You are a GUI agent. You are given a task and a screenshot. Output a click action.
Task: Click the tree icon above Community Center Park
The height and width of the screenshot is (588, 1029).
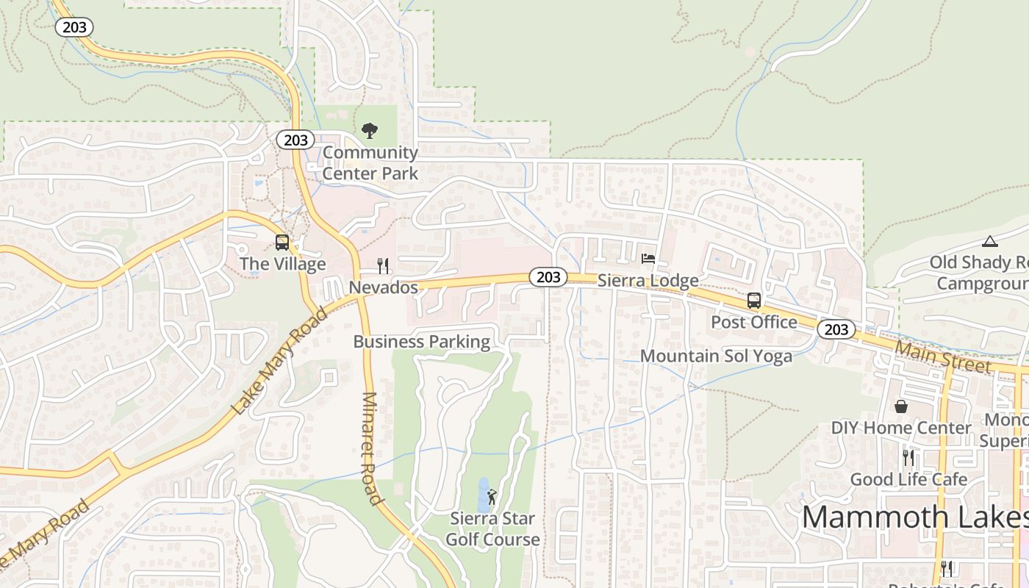tap(370, 132)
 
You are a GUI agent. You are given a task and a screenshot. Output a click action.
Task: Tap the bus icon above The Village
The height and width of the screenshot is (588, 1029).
tap(282, 243)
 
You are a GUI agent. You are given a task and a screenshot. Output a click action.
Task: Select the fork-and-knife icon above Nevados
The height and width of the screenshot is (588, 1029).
tap(383, 265)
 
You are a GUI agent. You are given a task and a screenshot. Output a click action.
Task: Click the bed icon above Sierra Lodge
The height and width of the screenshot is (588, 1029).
tap(648, 259)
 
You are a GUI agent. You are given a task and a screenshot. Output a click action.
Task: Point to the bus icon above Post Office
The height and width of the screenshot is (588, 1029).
tap(754, 300)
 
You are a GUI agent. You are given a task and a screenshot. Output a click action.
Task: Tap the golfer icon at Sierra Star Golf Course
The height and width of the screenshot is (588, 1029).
tap(492, 497)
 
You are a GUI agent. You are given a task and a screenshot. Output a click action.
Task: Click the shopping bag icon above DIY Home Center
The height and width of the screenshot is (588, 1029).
tap(901, 406)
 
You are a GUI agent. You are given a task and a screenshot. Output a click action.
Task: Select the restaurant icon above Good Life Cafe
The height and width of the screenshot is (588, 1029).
tap(908, 458)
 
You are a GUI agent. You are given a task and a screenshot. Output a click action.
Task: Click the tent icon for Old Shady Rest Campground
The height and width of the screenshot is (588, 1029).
tap(990, 241)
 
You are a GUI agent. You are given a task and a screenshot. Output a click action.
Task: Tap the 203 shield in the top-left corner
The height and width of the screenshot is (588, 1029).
tap(74, 28)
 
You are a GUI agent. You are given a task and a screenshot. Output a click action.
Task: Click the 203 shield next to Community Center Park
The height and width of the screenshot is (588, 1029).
tap(295, 140)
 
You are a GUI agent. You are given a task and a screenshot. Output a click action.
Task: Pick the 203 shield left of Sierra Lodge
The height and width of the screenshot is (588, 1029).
tap(548, 277)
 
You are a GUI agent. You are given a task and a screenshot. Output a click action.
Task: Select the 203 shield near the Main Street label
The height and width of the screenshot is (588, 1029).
tap(836, 329)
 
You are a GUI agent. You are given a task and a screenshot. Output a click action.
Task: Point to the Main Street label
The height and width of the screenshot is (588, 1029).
tap(943, 355)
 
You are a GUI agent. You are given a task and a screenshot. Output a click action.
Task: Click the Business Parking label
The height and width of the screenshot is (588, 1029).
tap(421, 342)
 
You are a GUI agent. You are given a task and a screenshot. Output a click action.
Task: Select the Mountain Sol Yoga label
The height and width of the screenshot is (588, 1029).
tap(716, 356)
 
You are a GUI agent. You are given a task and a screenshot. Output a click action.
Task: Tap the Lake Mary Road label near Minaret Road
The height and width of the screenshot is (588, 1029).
tap(279, 362)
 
